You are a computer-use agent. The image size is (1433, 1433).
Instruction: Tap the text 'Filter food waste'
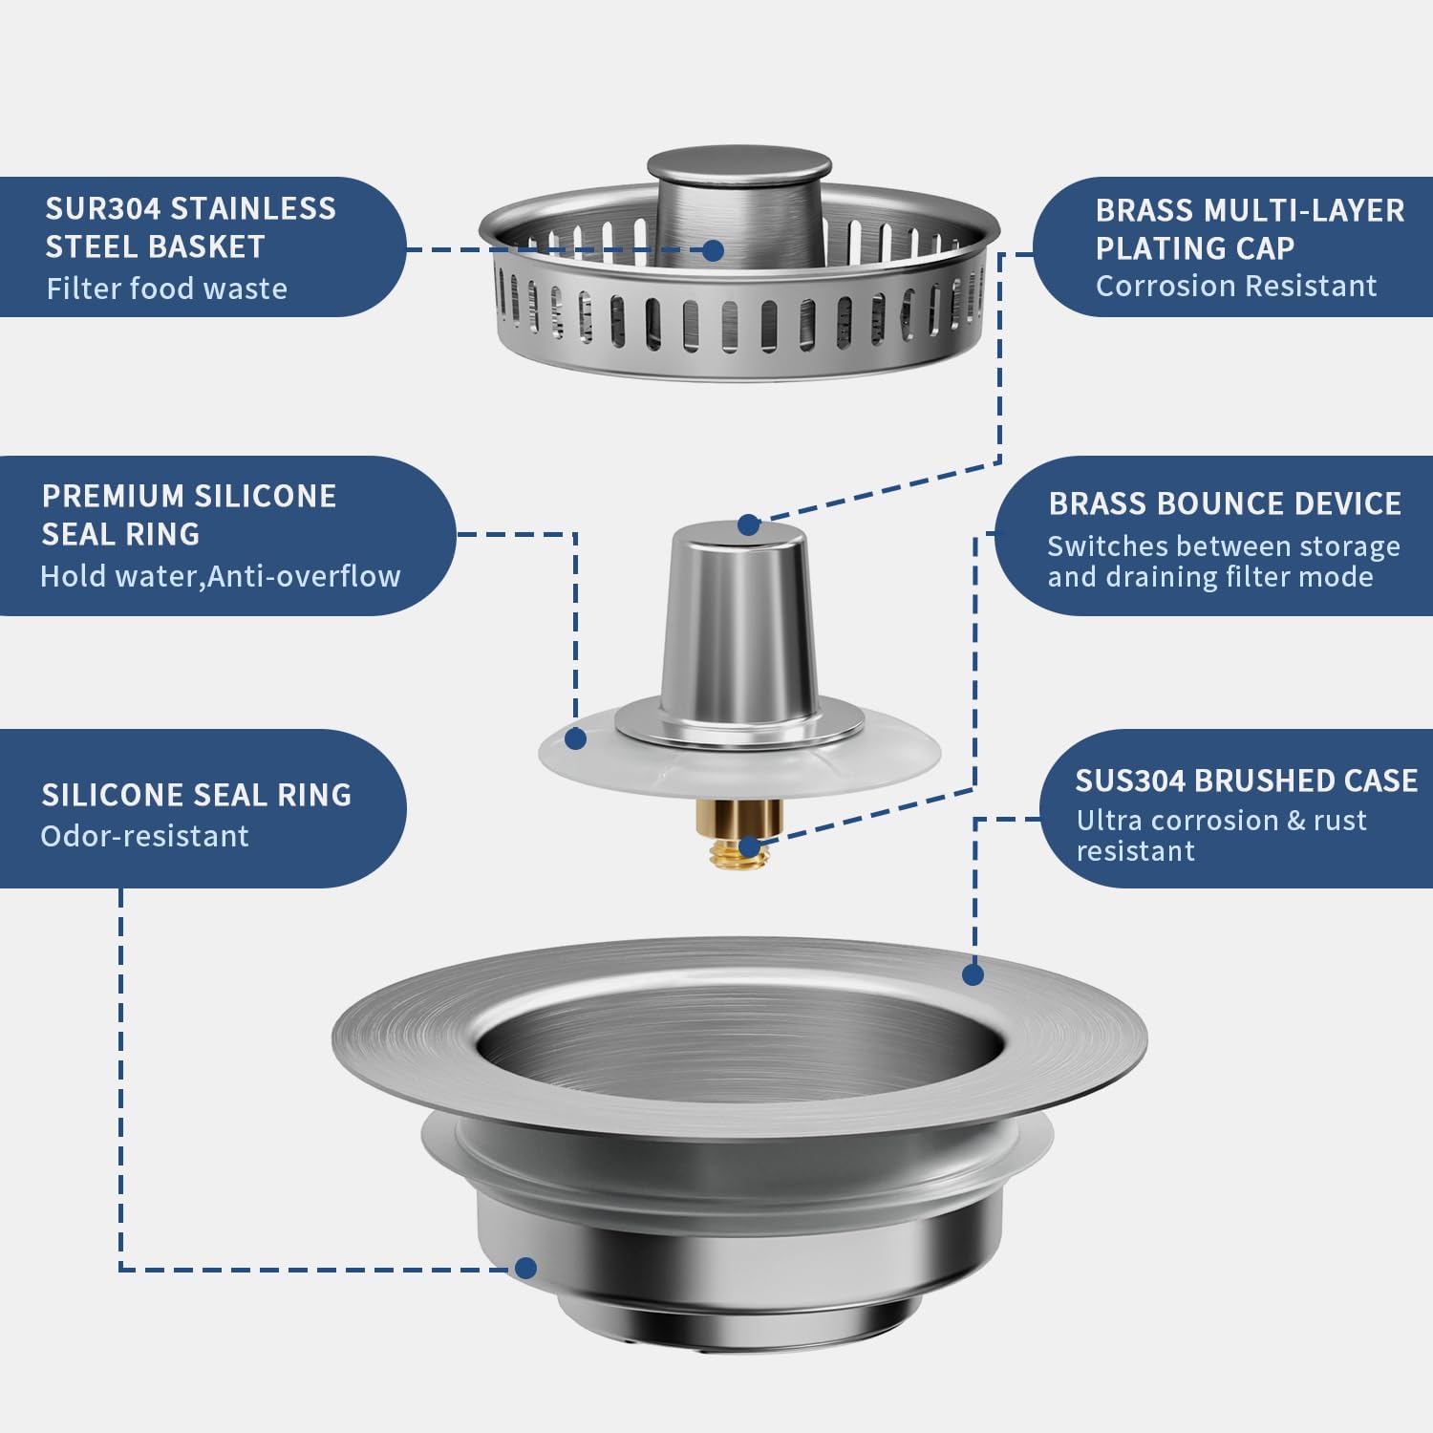pos(166,288)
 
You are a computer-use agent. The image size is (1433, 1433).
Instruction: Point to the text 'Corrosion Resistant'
pos(1235,286)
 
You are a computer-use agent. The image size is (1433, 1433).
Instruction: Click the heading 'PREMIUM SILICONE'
pos(188,496)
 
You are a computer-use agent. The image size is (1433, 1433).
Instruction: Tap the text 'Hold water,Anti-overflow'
pos(220,576)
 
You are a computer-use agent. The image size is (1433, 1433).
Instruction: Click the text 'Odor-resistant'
pos(144,836)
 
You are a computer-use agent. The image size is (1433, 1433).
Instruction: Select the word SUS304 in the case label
pos(1130,781)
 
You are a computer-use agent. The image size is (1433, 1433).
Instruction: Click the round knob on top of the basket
pos(739,166)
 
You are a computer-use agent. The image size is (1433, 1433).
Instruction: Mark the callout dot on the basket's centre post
pos(713,250)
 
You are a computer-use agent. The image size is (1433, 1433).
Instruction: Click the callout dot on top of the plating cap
pos(748,524)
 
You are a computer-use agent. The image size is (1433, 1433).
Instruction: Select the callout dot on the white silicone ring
pos(575,738)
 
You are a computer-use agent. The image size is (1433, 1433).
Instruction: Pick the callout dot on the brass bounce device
pos(749,846)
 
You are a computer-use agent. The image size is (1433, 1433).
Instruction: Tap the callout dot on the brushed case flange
pos(973,974)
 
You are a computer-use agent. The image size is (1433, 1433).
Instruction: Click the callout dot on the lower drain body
pos(524,1268)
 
